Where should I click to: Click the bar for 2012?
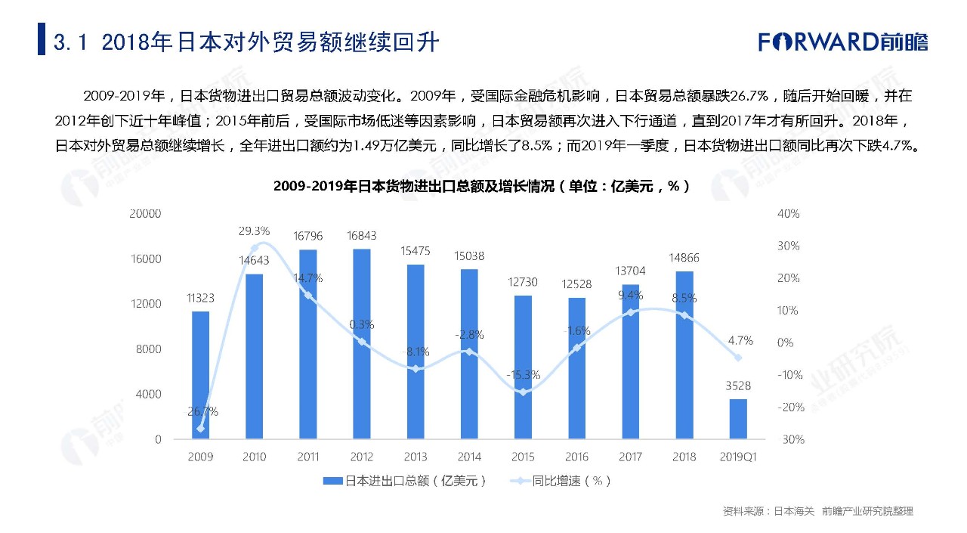362,344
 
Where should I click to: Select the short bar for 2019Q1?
738,419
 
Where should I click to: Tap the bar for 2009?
200,375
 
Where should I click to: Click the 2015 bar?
523,367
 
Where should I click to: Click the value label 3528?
738,386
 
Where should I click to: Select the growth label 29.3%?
255,231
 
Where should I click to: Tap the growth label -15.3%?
523,374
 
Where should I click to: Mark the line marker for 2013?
416,369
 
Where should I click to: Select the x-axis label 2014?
469,457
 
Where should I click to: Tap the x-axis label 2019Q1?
738,457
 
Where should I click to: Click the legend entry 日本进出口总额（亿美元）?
404,481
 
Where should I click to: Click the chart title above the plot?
482,186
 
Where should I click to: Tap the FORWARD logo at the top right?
843,42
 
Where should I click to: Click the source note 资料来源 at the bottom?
817,512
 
